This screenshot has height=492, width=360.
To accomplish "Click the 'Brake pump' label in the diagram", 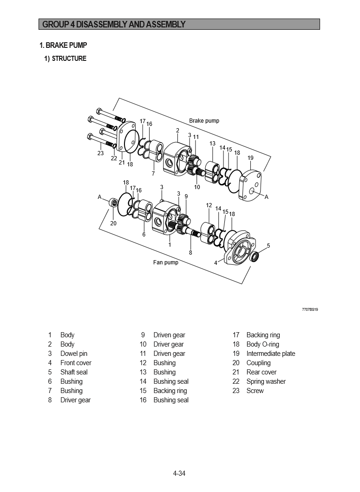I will coord(204,121).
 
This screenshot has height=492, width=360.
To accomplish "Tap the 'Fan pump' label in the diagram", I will coord(165,262).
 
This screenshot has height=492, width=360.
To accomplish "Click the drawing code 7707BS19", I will coord(310,309).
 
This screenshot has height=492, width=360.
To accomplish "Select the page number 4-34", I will coord(179,473).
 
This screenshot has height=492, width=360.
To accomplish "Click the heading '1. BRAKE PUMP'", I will coord(63,46).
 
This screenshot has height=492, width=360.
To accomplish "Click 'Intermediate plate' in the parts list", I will coord(270,354).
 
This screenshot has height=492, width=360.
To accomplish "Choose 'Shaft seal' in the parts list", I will coord(74,372).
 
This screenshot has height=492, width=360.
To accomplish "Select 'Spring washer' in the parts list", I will coord(266,381).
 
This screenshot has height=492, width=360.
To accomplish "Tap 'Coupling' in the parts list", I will coord(258,363).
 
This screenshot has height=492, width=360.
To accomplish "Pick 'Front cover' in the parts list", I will coord(76,363).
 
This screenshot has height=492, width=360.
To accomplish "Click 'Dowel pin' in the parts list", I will coord(73,354).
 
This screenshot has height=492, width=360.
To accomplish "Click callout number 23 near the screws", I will coord(100,153).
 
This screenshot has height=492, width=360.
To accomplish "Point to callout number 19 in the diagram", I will coord(250,158).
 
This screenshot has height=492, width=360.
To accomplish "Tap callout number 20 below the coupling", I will coord(113,223).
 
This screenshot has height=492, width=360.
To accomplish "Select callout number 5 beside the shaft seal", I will coord(268,245).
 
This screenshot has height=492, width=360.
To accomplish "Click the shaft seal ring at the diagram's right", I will coord(255,256).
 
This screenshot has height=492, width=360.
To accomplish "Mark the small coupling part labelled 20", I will coord(112,203).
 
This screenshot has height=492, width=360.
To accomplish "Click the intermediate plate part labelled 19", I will coord(251,184).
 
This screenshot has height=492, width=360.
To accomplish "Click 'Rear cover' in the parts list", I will coord(262,372).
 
